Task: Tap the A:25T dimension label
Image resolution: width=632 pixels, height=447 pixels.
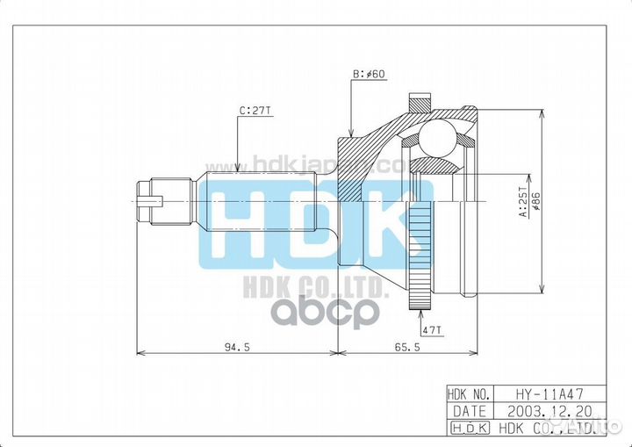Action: pyautogui.click(x=522, y=201)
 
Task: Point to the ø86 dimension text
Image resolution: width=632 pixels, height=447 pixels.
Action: pyautogui.click(x=535, y=201)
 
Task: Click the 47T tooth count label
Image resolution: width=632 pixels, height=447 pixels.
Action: pyautogui.click(x=431, y=329)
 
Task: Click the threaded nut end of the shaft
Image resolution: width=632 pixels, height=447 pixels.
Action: pyautogui.click(x=151, y=203)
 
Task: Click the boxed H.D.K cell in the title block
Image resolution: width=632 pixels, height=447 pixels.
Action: pyautogui.click(x=470, y=427)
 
